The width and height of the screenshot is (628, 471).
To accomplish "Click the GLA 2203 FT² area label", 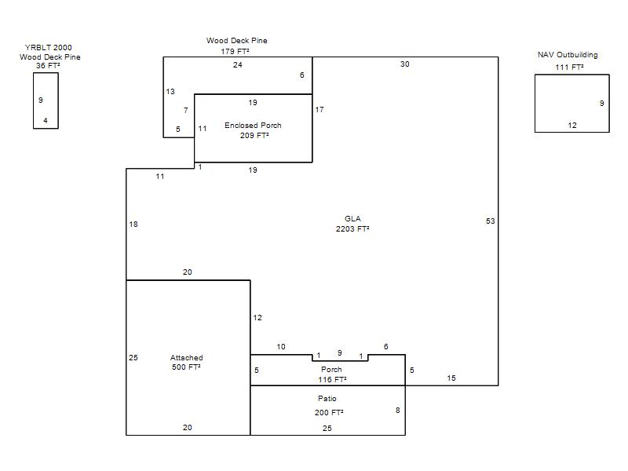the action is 352,224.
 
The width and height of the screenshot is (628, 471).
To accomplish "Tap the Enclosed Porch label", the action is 253,126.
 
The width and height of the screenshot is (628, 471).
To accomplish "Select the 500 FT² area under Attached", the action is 186,367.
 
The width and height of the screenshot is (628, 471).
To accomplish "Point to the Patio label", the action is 327,399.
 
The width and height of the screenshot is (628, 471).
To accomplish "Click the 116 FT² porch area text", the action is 332,380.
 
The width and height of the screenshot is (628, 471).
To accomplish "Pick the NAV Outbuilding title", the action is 568,55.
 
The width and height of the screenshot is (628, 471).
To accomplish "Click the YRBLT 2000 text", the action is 49,48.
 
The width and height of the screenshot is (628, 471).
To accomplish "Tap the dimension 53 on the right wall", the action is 490,221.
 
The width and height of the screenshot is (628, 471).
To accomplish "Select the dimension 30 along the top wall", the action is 405,64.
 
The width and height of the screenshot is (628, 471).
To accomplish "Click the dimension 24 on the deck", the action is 238,65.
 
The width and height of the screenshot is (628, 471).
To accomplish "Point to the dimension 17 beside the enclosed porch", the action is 319,110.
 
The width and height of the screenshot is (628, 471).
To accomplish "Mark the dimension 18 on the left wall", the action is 133,225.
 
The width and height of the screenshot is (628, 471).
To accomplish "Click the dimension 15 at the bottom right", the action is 451,378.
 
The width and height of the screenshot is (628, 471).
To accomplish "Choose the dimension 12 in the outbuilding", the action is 572,126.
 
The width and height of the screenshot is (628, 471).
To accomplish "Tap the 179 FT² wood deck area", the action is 235,52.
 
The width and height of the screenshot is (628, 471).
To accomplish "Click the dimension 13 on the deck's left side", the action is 170,92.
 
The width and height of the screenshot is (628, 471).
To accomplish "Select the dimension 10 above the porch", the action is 281,347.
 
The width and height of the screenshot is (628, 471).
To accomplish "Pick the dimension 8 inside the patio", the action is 398,410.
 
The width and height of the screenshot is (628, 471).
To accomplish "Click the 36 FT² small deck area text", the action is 48,66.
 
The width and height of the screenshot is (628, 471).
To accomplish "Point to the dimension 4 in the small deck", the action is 46,121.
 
